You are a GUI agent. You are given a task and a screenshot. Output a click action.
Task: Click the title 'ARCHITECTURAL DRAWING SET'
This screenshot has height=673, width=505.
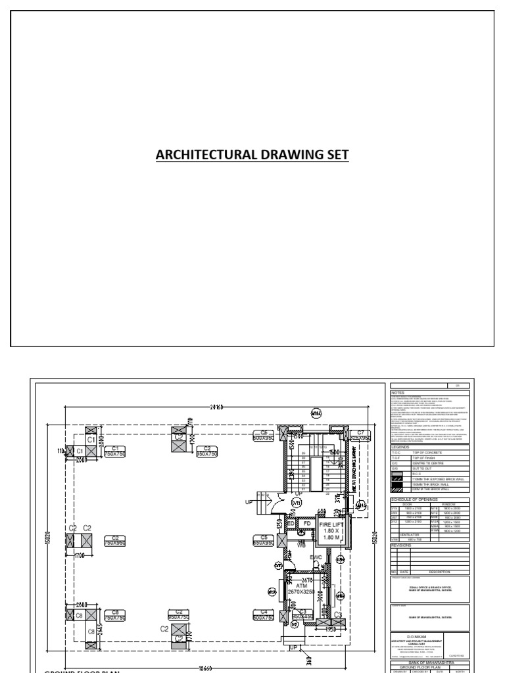coord(252,155)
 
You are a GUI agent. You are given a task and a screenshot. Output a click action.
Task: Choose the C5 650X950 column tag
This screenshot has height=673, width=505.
coord(263,541)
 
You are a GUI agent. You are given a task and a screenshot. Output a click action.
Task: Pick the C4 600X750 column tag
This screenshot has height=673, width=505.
coord(263,615)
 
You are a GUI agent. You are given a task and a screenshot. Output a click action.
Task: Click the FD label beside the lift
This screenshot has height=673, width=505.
coord(306,524)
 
